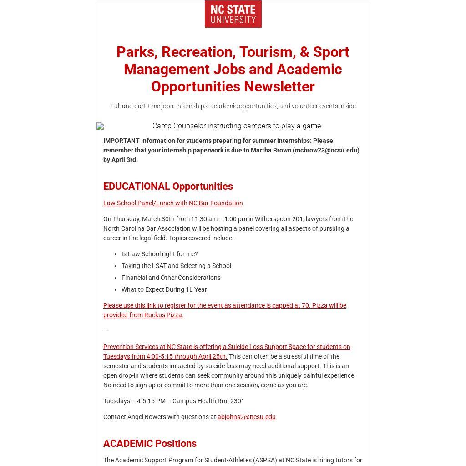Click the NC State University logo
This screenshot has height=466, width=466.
click(233, 14)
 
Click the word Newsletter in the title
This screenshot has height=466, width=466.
click(279, 86)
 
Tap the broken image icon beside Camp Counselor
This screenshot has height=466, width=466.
click(100, 126)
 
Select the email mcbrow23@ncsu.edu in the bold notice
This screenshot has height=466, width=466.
click(326, 150)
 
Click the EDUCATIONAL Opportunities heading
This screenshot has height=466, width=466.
click(168, 186)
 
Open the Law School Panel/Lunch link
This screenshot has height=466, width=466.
click(173, 203)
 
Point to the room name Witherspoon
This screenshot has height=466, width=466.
click(272, 219)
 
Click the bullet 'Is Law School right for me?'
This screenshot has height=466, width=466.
click(159, 254)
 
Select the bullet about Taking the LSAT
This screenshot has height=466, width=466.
click(176, 266)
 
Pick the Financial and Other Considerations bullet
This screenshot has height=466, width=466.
click(171, 278)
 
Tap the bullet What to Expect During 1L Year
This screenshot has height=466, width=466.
click(164, 289)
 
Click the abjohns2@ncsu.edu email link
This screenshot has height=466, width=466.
click(246, 417)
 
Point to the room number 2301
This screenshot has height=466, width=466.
click(237, 401)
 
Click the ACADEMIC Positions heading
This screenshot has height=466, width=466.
click(150, 443)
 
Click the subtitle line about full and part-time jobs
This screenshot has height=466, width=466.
click(233, 106)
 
